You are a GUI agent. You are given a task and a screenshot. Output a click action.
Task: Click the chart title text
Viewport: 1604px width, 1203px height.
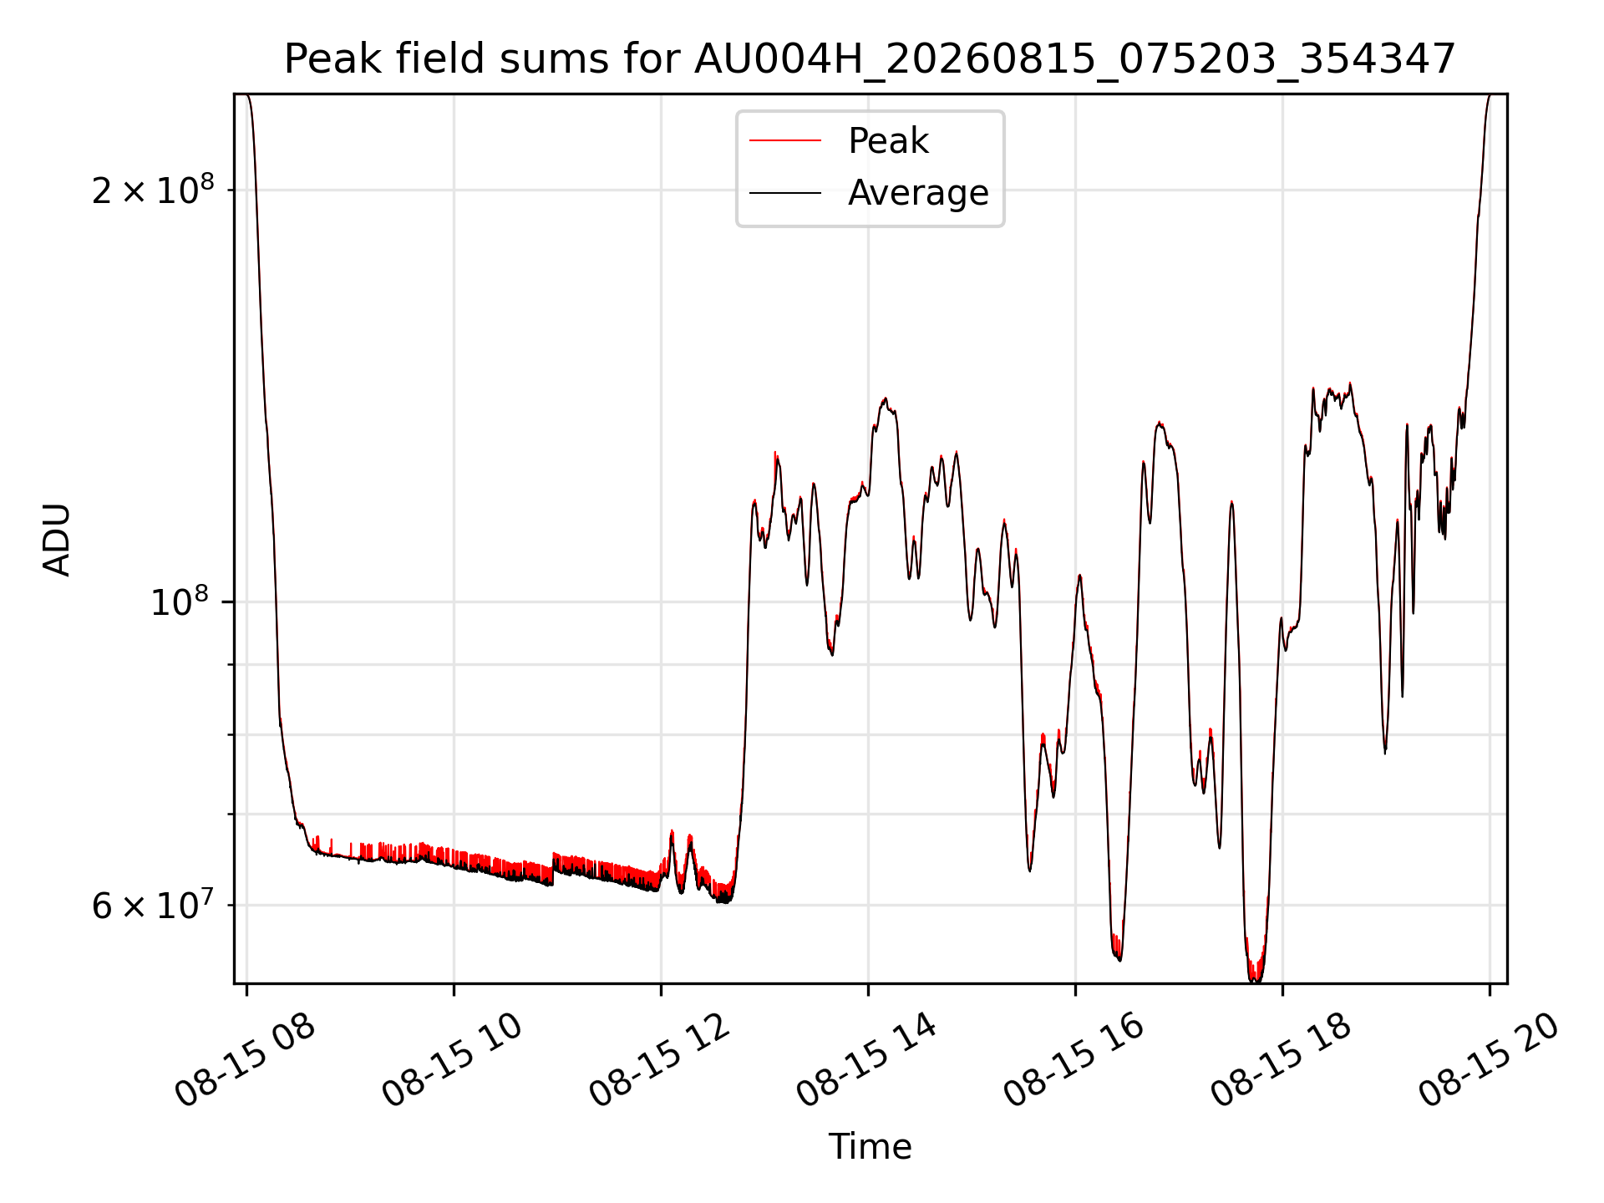coord(870,59)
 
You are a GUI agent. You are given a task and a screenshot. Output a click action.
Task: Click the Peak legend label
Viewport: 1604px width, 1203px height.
coord(888,140)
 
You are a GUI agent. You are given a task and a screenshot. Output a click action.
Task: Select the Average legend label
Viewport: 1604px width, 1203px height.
coord(918,193)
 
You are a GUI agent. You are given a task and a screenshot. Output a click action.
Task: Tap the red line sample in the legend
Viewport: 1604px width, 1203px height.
coord(785,140)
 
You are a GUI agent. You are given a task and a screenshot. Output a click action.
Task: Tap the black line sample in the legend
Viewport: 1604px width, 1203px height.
coord(785,193)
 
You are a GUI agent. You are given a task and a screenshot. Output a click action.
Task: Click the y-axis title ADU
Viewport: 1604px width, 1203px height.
coord(57,539)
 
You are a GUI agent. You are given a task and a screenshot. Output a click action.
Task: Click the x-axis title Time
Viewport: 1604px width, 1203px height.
coord(870,1146)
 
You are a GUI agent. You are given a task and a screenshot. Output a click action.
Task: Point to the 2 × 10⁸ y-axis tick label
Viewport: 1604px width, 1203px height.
coord(153,190)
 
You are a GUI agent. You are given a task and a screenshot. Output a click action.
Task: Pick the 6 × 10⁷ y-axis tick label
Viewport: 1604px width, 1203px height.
coord(153,905)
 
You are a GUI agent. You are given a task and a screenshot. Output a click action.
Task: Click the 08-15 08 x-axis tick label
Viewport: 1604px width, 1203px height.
coord(245,1059)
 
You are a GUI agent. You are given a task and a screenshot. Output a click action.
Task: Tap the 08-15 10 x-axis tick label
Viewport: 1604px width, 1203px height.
coord(452,1059)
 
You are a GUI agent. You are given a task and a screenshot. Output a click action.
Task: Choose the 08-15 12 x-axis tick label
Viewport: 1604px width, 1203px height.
coord(659,1059)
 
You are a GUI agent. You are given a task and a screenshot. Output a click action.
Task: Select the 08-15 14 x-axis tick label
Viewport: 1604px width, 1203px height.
coord(866,1059)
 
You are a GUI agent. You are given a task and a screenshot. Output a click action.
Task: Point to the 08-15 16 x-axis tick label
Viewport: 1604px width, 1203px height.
coord(1074,1059)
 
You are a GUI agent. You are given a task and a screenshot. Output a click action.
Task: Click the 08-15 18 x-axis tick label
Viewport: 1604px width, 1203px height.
coord(1281,1059)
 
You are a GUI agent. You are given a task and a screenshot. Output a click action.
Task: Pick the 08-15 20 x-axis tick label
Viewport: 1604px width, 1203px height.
coord(1488,1059)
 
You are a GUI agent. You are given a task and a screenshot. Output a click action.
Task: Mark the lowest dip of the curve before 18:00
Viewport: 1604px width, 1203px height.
coord(1255,980)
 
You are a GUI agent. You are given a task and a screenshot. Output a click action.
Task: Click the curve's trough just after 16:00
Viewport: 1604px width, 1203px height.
coord(1119,959)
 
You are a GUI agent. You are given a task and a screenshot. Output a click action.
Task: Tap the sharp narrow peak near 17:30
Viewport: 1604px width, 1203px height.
coord(1231,502)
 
